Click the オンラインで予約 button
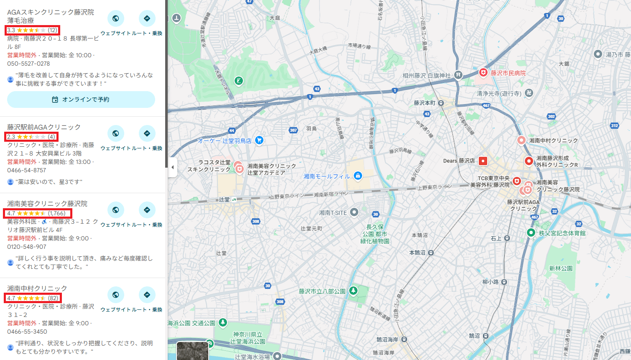tap(81, 100)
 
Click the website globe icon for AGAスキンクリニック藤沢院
tap(115, 18)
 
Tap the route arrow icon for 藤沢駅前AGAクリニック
tap(147, 133)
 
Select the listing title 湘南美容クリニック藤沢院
tap(47, 204)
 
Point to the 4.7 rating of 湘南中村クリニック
tap(11, 298)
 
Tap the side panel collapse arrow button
tap(173, 167)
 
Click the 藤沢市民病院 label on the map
tap(508, 73)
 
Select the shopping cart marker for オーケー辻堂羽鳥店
tap(259, 140)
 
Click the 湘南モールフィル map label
tap(327, 176)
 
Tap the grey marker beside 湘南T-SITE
tap(354, 212)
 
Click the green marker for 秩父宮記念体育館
tap(531, 232)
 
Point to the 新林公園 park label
tap(561, 268)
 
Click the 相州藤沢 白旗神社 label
tap(427, 76)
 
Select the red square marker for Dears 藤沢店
tap(483, 161)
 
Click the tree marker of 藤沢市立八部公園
tap(353, 291)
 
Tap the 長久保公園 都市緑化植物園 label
tap(375, 234)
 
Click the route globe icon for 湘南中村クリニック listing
tap(115, 295)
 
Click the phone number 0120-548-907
tap(27, 247)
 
